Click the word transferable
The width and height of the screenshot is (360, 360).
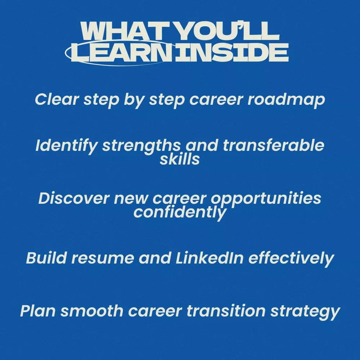click(x=274, y=145)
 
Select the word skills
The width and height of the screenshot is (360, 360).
click(x=180, y=159)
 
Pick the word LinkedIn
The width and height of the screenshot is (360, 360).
click(x=210, y=258)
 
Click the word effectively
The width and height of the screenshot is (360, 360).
click(x=291, y=259)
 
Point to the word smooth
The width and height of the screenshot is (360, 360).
click(x=92, y=311)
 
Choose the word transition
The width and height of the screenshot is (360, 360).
click(x=226, y=311)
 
